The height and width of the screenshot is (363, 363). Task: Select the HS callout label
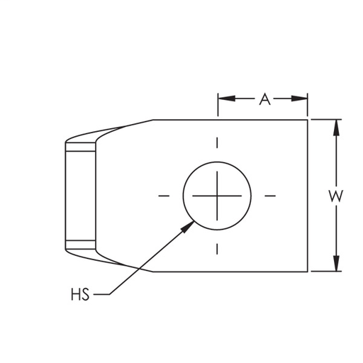(80, 293)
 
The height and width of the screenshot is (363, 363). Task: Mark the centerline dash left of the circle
(164, 195)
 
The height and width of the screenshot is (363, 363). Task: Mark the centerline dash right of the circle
(269, 195)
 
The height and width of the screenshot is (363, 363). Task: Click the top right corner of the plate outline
(308, 120)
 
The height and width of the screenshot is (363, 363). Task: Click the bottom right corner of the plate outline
(308, 271)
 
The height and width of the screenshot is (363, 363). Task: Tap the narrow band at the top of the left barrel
(80, 148)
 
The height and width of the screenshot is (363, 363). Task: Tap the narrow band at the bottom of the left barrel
(80, 242)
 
